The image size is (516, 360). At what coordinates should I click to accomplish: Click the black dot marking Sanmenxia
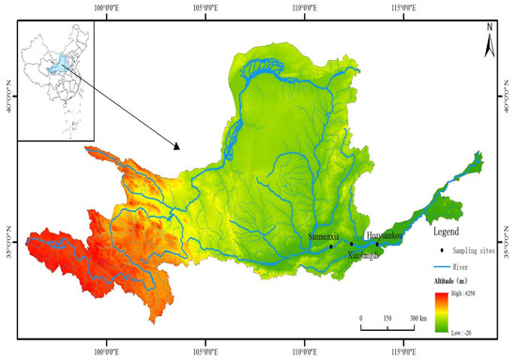pyautogui.click(x=331, y=247)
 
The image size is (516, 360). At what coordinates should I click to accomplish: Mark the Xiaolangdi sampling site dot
pyautogui.click(x=351, y=244)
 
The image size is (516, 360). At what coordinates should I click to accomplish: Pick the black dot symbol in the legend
pyautogui.click(x=441, y=248)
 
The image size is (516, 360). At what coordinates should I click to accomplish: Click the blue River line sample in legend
pyautogui.click(x=441, y=263)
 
